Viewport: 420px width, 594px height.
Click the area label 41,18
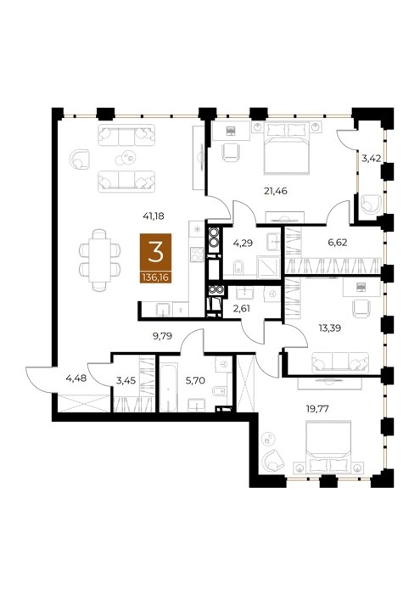tap(153, 216)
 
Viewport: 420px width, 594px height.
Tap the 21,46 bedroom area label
tap(275, 191)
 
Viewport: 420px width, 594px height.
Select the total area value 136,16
tap(155, 278)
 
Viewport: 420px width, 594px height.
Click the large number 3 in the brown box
tap(155, 253)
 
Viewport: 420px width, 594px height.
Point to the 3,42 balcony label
tap(371, 159)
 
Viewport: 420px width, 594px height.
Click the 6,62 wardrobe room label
tap(338, 243)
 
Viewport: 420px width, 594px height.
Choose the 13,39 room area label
tap(329, 328)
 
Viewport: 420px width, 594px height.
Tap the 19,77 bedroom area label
tap(317, 409)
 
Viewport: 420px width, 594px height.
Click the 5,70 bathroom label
tap(195, 380)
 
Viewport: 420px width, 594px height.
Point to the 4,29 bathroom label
tap(242, 244)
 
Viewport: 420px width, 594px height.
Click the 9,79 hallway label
tap(162, 336)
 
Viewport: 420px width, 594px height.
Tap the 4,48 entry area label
tap(76, 378)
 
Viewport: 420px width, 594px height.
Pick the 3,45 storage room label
tap(126, 380)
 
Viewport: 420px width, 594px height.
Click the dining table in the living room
tap(99, 260)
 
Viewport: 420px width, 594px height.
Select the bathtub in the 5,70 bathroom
tap(168, 387)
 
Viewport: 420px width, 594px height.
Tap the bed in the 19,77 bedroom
tap(328, 446)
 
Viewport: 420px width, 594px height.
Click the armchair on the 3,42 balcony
tap(370, 205)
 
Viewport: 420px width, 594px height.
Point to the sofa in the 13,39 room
tap(340, 363)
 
